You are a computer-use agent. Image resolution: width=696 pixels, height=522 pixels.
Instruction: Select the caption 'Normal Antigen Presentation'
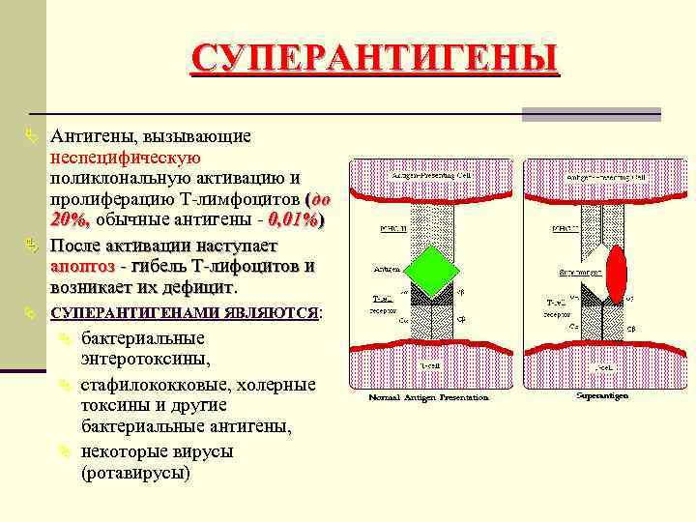coord(427,397)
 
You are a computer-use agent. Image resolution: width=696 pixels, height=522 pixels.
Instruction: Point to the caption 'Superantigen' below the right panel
coord(602,395)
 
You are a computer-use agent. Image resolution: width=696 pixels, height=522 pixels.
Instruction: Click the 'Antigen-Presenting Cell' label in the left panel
coord(430,177)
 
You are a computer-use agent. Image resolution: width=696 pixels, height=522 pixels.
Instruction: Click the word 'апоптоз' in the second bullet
coord(82,265)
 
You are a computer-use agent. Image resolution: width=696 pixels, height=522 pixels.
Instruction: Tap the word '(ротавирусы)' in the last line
coord(135,474)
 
